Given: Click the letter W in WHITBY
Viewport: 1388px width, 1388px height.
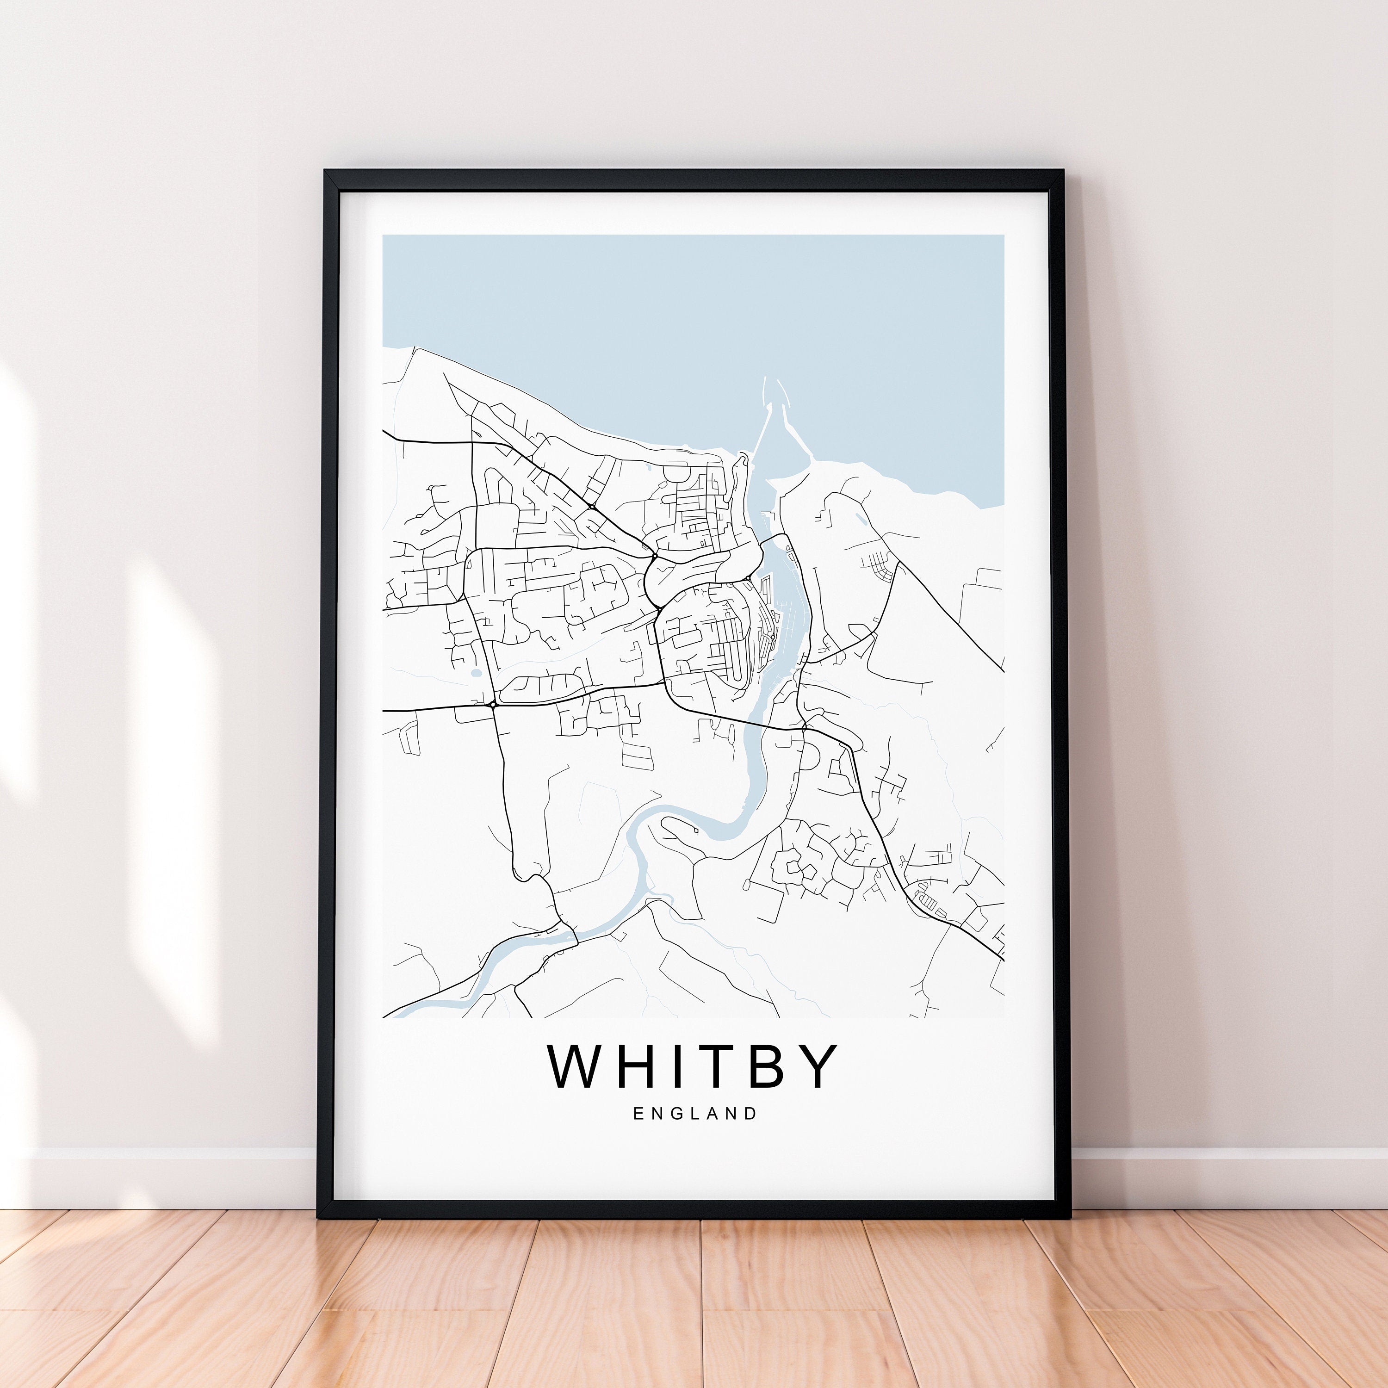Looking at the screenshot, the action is (579, 1066).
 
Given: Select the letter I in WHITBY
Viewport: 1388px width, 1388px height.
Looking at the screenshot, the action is (682, 1066).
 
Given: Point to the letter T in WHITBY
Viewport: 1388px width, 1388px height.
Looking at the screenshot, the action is (720, 1066).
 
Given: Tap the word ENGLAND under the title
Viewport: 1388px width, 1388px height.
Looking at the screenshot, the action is (695, 1114).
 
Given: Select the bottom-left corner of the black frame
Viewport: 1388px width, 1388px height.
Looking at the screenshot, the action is (318, 1216).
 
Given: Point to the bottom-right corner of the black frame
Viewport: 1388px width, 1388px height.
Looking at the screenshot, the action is (1071, 1216).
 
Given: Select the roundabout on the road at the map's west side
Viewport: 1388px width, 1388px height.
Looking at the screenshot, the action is (493, 705).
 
